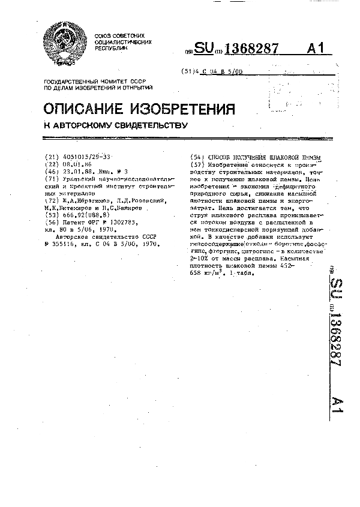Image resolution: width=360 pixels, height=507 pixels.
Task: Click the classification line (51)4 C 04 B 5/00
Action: (212, 71)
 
